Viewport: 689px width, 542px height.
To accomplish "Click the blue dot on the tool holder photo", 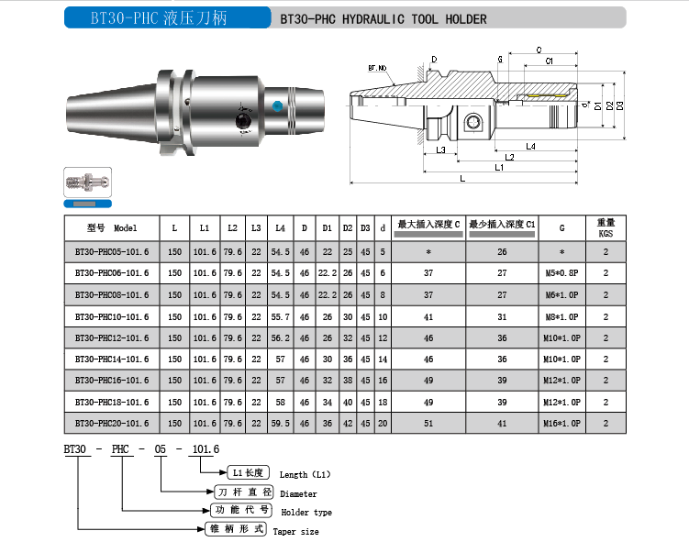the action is click(x=277, y=105).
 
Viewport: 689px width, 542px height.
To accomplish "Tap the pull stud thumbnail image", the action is click(x=87, y=182).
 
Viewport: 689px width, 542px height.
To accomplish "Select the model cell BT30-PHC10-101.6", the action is click(x=112, y=316).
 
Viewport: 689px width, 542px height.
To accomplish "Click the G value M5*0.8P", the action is click(x=561, y=273).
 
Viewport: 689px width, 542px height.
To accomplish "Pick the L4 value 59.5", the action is click(x=281, y=424).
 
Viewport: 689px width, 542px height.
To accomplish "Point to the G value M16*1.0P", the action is click(x=561, y=424).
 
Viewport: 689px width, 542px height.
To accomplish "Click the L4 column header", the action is click(x=281, y=228).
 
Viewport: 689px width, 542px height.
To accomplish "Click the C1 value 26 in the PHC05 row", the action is click(x=502, y=252).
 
